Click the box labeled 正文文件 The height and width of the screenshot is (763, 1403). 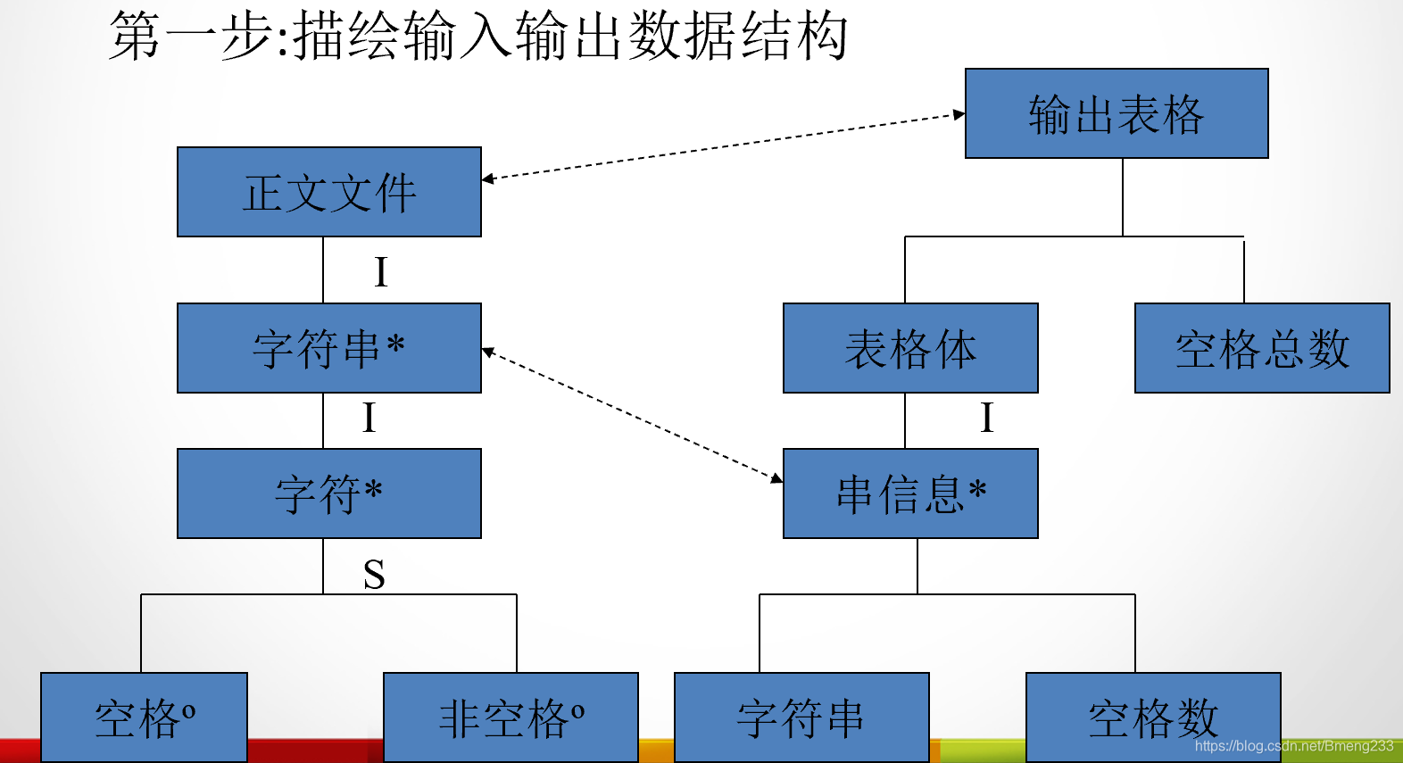coord(328,192)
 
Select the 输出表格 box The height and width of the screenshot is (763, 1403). coord(1116,113)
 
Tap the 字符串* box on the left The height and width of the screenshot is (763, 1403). coord(328,348)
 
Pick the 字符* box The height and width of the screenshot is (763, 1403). coord(328,493)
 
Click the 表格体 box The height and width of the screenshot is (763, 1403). coord(910,348)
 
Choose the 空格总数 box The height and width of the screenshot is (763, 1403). coord(1261,348)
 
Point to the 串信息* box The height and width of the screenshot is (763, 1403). coord(910,493)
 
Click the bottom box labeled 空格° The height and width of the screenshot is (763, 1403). coord(144,717)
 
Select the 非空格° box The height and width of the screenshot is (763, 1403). coord(511,717)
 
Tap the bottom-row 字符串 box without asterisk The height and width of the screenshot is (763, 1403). coord(801,717)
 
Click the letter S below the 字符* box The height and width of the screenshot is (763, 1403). coord(374,575)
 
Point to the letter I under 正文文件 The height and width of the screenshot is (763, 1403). coord(381,272)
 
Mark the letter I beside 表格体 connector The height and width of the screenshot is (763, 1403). coord(986,418)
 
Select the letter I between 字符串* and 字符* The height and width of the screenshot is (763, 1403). coord(369,418)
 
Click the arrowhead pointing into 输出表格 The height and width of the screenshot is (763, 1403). coord(959,114)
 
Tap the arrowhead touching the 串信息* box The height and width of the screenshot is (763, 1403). coord(776,478)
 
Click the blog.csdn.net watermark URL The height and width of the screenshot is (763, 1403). coord(1293,746)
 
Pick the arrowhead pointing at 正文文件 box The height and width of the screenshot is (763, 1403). coord(488,179)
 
